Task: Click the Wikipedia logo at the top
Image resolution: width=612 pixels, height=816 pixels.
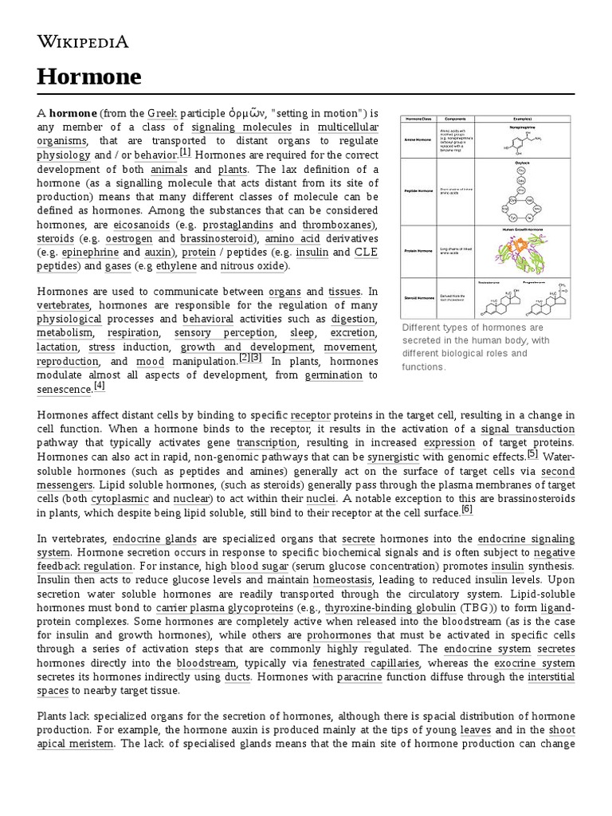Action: (x=82, y=41)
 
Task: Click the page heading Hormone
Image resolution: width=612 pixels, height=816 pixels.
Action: (x=89, y=76)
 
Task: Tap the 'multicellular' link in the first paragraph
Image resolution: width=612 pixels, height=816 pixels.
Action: (x=347, y=127)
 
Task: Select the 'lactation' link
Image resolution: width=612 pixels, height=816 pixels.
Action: (x=57, y=347)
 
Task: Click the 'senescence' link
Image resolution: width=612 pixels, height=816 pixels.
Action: (x=65, y=390)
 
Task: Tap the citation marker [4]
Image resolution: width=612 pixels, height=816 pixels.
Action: (x=99, y=386)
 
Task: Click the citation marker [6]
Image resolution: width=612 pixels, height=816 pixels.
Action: (x=467, y=509)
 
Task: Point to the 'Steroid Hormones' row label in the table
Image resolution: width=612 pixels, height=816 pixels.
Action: (x=418, y=296)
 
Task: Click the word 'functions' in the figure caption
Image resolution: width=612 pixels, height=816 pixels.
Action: (x=423, y=367)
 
